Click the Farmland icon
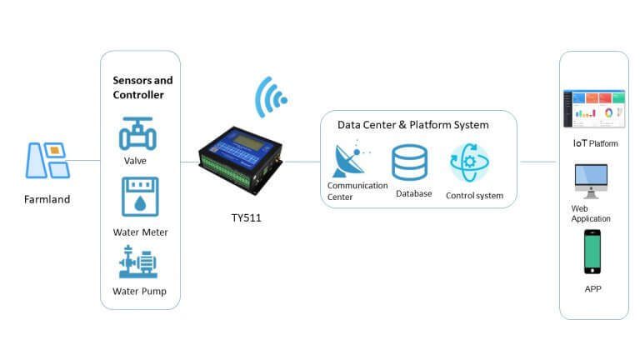click(47, 160)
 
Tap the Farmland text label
click(47, 199)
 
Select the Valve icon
click(137, 134)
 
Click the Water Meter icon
click(140, 197)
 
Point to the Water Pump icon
click(138, 262)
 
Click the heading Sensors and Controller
click(142, 87)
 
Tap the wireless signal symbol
click(270, 97)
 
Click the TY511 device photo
click(240, 160)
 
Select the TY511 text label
click(246, 217)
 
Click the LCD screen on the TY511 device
click(248, 143)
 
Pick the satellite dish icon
click(350, 159)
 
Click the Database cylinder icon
click(409, 162)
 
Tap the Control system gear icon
click(469, 162)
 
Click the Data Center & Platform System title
click(413, 125)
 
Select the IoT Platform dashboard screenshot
click(594, 108)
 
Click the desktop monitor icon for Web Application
click(591, 181)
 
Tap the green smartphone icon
click(592, 252)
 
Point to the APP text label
click(593, 289)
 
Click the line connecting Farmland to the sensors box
click(84, 160)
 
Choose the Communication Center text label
click(357, 191)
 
